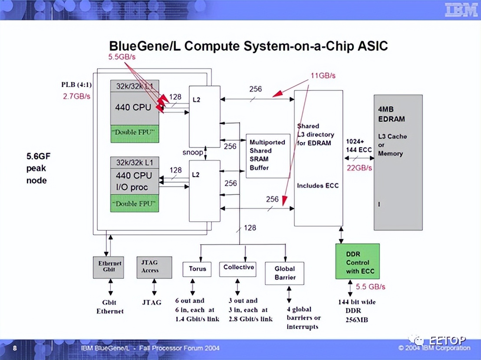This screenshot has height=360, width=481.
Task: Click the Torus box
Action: click(197, 268)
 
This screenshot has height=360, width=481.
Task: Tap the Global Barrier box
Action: click(284, 273)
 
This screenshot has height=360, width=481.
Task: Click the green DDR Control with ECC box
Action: click(357, 262)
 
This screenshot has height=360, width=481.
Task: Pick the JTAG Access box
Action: click(154, 267)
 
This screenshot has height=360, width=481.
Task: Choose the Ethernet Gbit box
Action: click(109, 267)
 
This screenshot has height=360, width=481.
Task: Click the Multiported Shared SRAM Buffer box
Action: click(268, 156)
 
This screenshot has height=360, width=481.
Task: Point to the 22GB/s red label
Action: click(359, 167)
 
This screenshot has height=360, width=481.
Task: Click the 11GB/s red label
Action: click(323, 75)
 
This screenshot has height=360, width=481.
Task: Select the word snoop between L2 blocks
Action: click(192, 153)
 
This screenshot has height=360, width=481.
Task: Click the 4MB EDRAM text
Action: click(391, 114)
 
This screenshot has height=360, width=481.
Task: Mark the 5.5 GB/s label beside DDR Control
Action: click(370, 287)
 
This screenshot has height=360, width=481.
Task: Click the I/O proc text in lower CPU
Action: click(132, 187)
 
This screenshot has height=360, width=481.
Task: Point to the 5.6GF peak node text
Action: click(36, 168)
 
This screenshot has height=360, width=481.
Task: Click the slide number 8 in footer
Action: click(15, 348)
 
